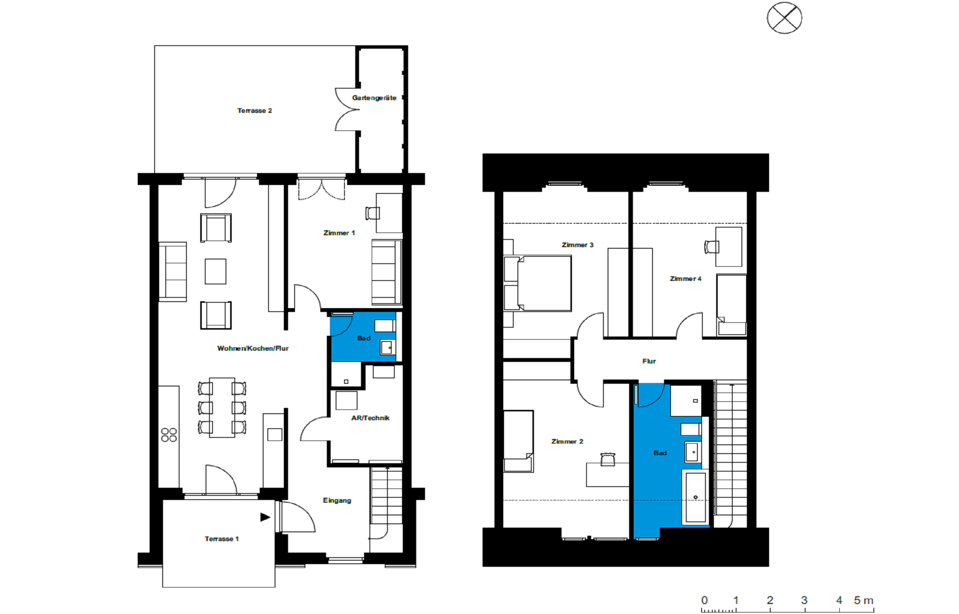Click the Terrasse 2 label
click(x=255, y=111)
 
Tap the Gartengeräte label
click(x=374, y=98)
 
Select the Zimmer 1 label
click(x=339, y=233)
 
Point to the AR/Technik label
click(x=371, y=418)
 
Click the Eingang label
click(x=337, y=500)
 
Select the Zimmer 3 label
click(x=578, y=245)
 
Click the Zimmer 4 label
click(x=685, y=279)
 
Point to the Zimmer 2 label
click(x=567, y=441)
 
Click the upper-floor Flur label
click(x=649, y=361)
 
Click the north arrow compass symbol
click(x=784, y=18)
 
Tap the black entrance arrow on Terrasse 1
click(x=265, y=517)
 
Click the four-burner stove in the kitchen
click(x=169, y=435)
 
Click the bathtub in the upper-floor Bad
click(x=695, y=497)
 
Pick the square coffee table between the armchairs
click(x=216, y=272)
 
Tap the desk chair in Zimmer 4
click(x=712, y=247)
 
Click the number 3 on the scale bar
click(x=804, y=600)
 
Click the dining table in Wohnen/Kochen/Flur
click(x=222, y=408)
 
